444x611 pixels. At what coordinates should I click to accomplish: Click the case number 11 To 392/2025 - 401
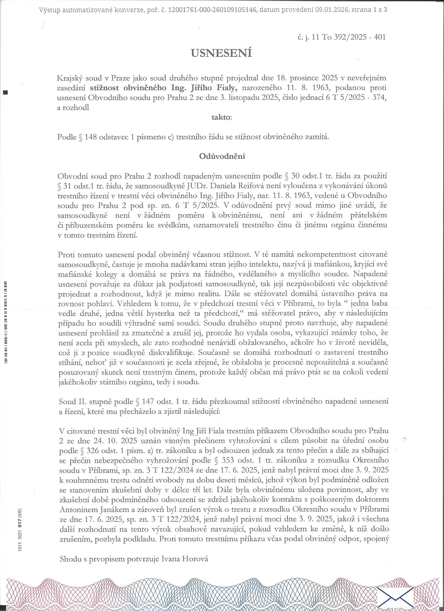[348, 37]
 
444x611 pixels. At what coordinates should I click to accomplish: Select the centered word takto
[221, 117]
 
